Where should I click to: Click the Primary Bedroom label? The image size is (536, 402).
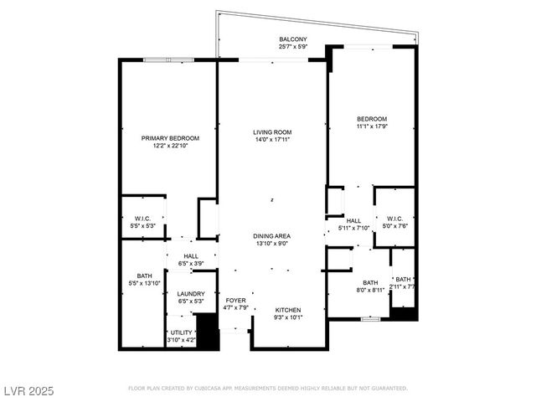170,137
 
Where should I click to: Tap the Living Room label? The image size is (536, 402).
272,132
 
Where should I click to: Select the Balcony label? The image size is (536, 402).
293,39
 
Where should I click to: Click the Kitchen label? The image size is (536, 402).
287,310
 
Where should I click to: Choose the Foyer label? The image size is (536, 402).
235,300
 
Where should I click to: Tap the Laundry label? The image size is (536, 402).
191,293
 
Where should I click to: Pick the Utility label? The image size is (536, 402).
180,332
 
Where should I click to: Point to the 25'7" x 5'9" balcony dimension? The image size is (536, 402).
293,47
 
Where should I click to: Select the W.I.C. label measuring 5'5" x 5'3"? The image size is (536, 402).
142,219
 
